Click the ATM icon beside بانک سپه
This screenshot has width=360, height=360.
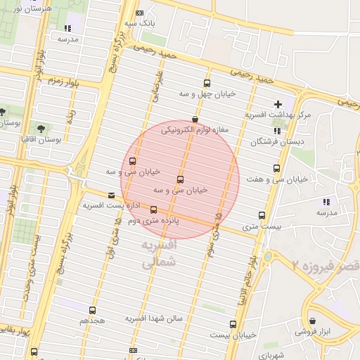point(139,13)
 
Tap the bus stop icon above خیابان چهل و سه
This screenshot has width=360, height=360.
point(207,82)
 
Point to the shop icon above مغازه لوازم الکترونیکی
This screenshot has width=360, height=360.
point(195,120)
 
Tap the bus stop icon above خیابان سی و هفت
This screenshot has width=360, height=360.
point(276,169)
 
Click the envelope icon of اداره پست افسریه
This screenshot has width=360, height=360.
point(110,195)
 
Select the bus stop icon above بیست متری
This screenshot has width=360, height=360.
point(262,215)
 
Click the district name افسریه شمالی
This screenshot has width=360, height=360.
point(158,255)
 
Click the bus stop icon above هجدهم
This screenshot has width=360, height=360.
point(92,310)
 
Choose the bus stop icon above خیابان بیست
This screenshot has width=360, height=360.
point(233,324)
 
